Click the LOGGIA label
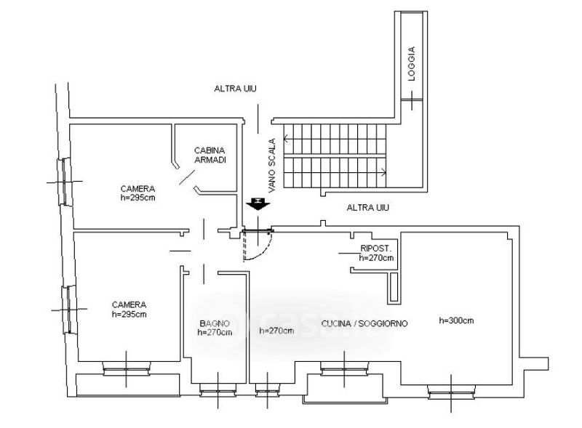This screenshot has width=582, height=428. tap(411, 64)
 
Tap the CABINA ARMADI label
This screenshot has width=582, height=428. tap(210, 155)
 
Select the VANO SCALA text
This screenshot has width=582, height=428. tap(272, 166)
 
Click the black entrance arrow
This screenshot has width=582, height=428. tap(258, 204)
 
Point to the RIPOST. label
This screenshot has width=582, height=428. tap(375, 248)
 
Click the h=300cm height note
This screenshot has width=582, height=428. tap(456, 320)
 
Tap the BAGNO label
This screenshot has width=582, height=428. tap(215, 323)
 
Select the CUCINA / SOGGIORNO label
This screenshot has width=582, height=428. tap(364, 324)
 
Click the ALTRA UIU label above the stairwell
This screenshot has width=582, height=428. tap(235, 89)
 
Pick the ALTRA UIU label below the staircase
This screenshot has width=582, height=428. tap(368, 207)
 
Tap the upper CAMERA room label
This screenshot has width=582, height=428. tap(137, 188)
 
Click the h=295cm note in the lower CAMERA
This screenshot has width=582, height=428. tap(129, 314)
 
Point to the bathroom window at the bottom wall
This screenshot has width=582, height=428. tap(218, 389)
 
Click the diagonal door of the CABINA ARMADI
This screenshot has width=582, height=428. tap(187, 177)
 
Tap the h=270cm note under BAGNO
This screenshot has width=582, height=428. tap(215, 332)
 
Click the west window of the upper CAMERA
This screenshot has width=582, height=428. tap(65, 182)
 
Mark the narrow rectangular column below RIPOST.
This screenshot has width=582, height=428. tap(394, 288)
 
